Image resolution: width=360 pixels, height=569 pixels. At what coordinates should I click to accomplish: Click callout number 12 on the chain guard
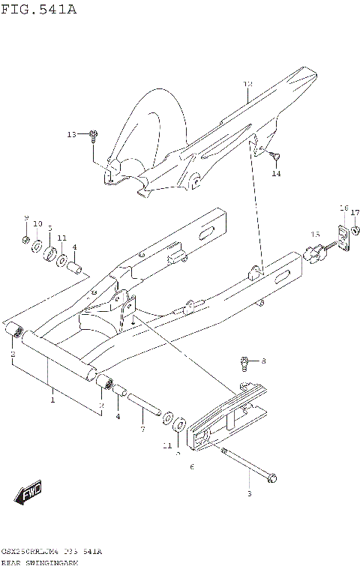pyautogui.click(x=248, y=84)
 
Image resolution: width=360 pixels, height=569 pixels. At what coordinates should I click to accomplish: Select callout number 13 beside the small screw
pyautogui.click(x=71, y=135)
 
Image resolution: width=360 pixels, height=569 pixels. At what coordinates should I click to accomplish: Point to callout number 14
pyautogui.click(x=275, y=174)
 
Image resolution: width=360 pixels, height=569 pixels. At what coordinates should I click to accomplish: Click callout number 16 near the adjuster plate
pyautogui.click(x=343, y=208)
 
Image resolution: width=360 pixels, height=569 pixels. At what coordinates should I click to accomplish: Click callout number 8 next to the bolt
pyautogui.click(x=263, y=361)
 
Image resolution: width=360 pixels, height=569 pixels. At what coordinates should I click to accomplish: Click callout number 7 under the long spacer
pyautogui.click(x=142, y=429)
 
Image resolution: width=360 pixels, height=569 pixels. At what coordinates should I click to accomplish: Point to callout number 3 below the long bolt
pyautogui.click(x=248, y=494)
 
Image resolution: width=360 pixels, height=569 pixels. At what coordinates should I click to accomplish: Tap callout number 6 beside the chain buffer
pyautogui.click(x=192, y=467)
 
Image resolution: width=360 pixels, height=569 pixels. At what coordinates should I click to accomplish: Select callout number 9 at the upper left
pyautogui.click(x=25, y=218)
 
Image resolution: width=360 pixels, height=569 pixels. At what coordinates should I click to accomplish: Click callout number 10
pyautogui.click(x=37, y=224)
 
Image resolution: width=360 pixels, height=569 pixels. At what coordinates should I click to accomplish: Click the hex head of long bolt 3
pyautogui.click(x=271, y=477)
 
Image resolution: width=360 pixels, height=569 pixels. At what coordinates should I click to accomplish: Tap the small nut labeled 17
pyautogui.click(x=354, y=233)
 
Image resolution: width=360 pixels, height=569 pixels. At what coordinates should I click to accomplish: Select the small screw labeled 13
pyautogui.click(x=94, y=136)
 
